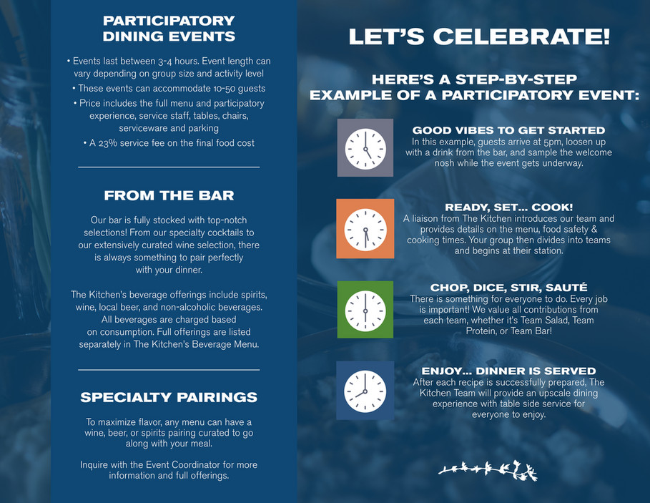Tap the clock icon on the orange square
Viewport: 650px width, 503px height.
365,229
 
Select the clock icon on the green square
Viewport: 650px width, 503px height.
365,311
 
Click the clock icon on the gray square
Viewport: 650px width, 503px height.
365,148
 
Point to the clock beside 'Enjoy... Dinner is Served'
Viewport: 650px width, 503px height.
365,391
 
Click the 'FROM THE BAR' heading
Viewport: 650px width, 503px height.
169,195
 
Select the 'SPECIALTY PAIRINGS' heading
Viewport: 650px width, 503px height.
169,397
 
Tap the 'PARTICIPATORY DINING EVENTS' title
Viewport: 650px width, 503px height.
169,29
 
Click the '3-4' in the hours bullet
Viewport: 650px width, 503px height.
164,62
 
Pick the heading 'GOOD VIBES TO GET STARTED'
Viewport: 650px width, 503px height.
508,130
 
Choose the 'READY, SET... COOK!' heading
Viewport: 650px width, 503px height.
508,207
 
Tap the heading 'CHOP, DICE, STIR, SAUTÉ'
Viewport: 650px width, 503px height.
508,288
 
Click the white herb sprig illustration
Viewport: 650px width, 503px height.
488,470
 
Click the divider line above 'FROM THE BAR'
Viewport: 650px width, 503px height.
169,167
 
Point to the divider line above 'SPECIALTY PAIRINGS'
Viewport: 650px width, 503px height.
169,369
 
